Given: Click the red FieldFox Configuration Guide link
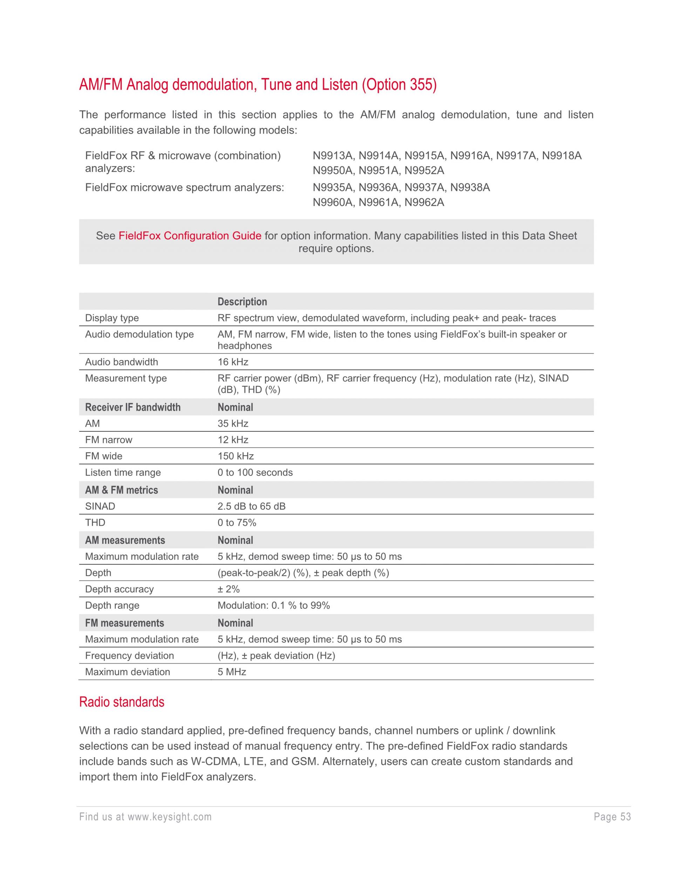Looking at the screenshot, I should click(190, 236).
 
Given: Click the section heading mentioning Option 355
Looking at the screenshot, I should click(258, 85).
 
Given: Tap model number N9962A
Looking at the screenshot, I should click(424, 202).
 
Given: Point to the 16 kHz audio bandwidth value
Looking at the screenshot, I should click(233, 362).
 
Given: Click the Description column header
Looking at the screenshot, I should click(242, 302).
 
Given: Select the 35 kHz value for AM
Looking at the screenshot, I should click(233, 423).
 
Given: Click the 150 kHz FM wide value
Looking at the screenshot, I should click(236, 456).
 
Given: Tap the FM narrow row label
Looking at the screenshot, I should click(108, 440).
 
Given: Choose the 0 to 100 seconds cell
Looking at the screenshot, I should click(255, 472).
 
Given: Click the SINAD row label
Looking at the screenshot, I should click(100, 506).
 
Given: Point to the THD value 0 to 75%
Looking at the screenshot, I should click(237, 523).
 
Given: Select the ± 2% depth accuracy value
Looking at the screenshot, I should click(229, 589).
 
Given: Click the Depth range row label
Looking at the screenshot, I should click(113, 606).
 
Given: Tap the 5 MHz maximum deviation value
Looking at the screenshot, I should click(232, 672).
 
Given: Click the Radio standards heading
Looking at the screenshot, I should click(122, 702).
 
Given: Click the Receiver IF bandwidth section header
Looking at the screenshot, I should click(133, 407).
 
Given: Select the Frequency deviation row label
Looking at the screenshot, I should click(130, 656).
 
